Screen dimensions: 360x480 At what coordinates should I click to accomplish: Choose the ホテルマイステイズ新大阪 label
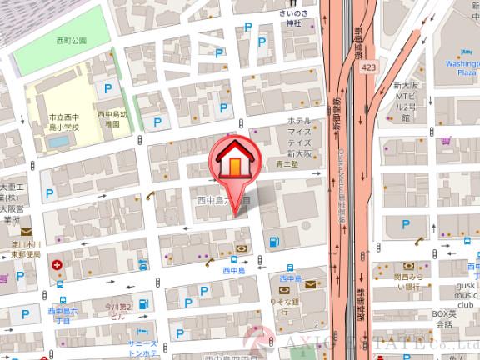(299, 137)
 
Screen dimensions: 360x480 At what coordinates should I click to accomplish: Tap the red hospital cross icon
(57, 267)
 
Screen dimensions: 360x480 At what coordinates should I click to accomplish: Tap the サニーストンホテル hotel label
(142, 349)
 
